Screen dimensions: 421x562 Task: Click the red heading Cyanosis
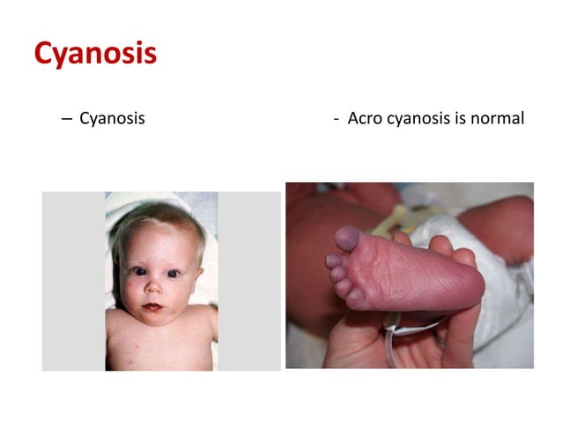click(95, 54)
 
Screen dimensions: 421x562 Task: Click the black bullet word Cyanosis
click(112, 118)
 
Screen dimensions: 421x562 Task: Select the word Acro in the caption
click(364, 118)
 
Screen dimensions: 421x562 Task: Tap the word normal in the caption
click(498, 118)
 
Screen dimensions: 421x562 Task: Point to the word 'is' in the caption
click(461, 118)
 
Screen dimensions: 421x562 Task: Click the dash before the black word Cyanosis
click(67, 118)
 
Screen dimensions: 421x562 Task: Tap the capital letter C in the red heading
click(43, 54)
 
